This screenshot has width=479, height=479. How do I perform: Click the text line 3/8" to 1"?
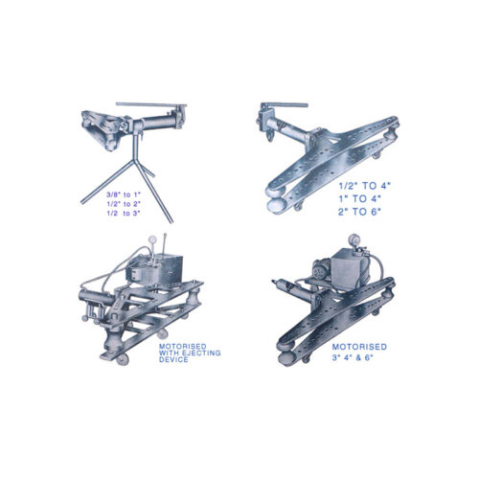click(x=124, y=194)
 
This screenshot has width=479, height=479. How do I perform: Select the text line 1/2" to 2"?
click(x=124, y=204)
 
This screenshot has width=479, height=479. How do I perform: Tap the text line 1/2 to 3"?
click(x=124, y=214)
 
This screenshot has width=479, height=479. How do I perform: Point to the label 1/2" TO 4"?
click(x=365, y=186)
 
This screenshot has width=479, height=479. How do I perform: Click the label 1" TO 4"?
click(x=360, y=198)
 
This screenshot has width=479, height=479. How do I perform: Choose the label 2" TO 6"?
click(x=360, y=212)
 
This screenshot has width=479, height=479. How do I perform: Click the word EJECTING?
click(x=201, y=353)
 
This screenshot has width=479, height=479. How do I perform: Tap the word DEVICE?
click(x=173, y=359)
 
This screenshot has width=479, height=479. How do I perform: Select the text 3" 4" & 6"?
click(x=353, y=357)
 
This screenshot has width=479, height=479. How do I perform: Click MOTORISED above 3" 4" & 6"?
click(x=359, y=347)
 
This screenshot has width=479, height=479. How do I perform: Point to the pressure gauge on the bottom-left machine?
click(x=152, y=239)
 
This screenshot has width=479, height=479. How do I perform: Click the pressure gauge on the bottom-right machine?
click(x=354, y=239)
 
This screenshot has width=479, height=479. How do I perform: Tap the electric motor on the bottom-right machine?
click(x=321, y=271)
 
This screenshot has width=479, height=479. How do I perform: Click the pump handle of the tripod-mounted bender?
click(x=150, y=104)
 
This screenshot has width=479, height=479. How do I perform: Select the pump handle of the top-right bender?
click(x=285, y=105)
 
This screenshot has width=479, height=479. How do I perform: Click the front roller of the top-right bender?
click(x=276, y=205)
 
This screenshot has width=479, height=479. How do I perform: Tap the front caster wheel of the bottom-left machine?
click(x=122, y=359)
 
